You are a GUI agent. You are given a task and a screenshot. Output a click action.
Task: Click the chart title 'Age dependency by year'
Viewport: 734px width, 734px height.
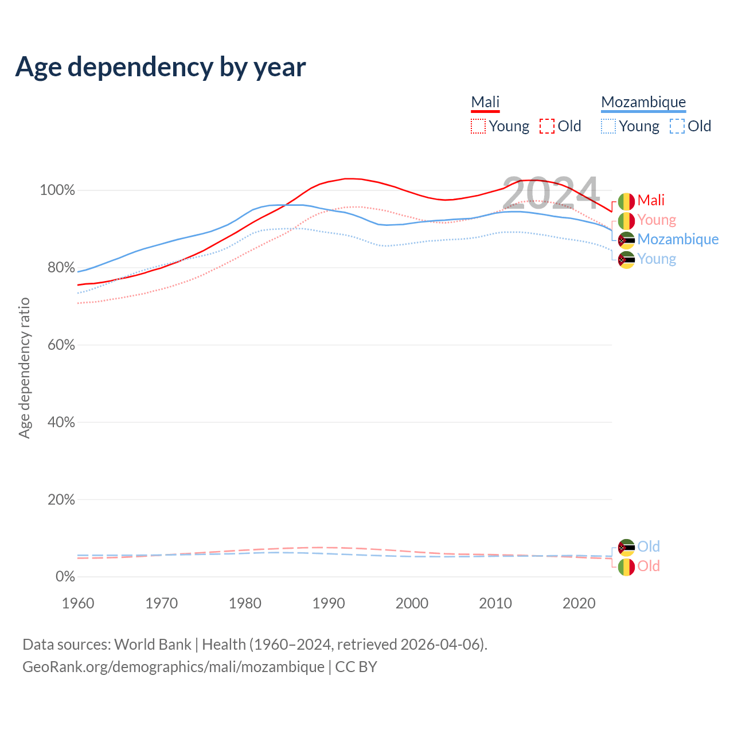point(161,67)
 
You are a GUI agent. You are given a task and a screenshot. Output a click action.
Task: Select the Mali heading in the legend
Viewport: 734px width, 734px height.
point(485,102)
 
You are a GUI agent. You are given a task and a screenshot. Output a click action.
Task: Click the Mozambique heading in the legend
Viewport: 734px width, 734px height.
point(643,102)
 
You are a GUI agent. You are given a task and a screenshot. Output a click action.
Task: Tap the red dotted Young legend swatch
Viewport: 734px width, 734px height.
point(478,126)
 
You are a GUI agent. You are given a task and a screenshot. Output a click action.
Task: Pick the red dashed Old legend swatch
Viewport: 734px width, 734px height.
point(547,126)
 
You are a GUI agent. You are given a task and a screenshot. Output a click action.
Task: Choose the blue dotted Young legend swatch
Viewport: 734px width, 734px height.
point(608,126)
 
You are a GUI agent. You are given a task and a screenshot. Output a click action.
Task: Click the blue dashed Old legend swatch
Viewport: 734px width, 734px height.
point(677,126)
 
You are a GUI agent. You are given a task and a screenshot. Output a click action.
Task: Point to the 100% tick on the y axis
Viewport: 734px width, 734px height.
point(57,190)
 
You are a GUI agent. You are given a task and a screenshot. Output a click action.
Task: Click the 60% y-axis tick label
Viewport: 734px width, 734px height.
point(60,345)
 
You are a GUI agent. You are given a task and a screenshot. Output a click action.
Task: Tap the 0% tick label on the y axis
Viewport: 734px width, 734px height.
point(65,577)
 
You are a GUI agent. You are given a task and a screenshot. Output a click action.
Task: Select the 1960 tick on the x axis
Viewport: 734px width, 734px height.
point(78,603)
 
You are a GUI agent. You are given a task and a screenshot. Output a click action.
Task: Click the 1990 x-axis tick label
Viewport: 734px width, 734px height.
point(329,603)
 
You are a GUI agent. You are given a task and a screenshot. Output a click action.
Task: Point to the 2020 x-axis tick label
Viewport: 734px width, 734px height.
point(579,603)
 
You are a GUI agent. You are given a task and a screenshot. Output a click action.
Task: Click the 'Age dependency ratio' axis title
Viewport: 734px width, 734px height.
point(24,367)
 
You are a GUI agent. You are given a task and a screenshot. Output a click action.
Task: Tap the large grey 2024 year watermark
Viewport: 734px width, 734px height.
point(550,194)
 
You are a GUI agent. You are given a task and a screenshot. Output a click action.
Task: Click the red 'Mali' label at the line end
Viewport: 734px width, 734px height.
point(651,200)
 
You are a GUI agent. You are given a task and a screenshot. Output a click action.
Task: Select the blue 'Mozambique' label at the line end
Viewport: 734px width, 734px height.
point(678,239)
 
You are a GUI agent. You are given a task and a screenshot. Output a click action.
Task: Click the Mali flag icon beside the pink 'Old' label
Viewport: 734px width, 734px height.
point(626,567)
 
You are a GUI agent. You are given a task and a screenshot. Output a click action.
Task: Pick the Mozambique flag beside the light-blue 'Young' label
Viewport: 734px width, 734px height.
point(626,260)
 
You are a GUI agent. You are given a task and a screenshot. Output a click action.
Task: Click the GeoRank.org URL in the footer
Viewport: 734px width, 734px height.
point(173,667)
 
